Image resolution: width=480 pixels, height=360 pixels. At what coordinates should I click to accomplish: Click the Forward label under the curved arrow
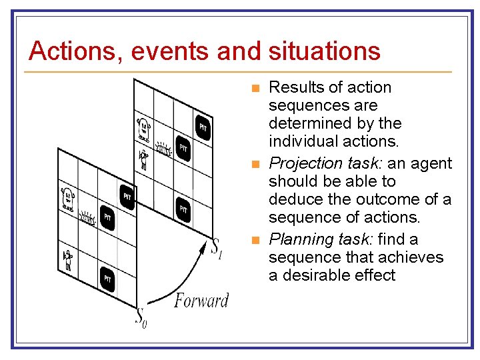coord(201,301)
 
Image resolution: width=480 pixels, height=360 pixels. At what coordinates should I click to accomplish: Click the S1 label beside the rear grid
coord(217,248)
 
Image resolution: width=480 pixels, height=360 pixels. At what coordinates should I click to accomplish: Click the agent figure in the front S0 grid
coord(68,259)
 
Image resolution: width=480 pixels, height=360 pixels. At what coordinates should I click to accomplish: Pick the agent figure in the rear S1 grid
coord(143,159)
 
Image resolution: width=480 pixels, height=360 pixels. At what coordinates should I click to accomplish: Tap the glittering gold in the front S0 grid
coord(87,217)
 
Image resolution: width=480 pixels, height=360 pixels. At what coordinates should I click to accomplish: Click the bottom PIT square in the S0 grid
coord(107,279)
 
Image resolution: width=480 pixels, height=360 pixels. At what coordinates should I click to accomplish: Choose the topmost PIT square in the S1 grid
coord(203,127)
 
